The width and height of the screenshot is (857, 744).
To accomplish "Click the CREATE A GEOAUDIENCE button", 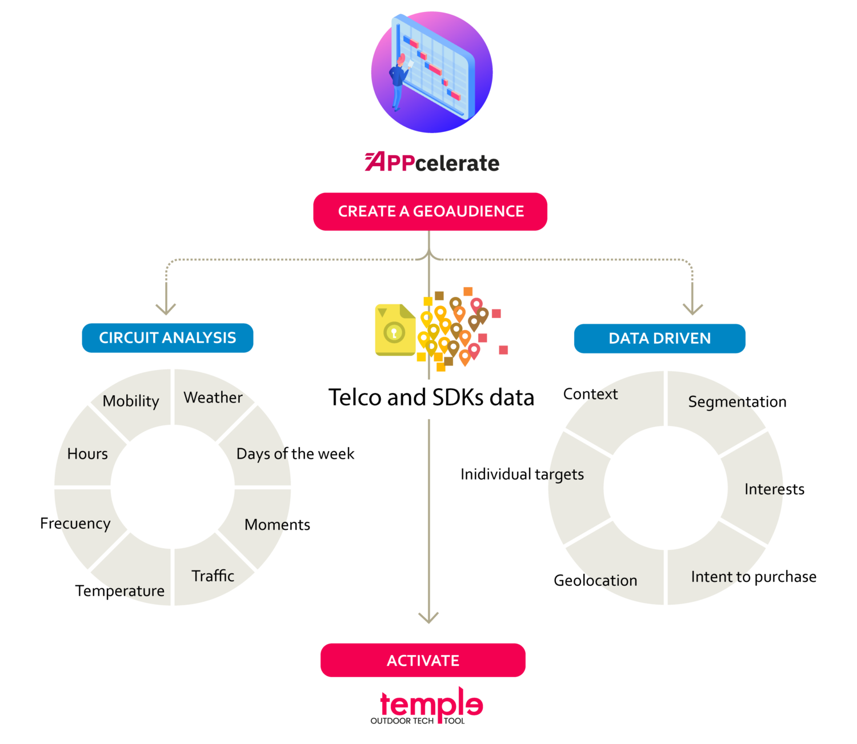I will [x=430, y=212].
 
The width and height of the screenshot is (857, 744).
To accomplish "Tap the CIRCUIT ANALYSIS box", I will [x=167, y=338].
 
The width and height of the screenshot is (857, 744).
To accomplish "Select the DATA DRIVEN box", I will [x=659, y=339].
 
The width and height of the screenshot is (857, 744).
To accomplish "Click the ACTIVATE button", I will [x=423, y=661].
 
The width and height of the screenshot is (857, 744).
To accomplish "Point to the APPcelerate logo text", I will [x=432, y=163].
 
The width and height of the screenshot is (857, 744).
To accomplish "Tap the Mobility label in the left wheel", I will [x=131, y=401].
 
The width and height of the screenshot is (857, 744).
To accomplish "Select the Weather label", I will [x=213, y=397].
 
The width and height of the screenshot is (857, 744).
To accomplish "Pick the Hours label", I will [x=87, y=454].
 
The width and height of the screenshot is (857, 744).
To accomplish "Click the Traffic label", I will [x=213, y=576].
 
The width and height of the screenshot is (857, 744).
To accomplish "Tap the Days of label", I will [x=262, y=454].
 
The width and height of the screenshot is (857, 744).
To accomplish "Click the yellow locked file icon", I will [x=395, y=331].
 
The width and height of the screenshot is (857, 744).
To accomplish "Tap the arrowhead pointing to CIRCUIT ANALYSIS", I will [x=166, y=309].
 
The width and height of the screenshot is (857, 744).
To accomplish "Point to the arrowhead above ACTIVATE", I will [x=428, y=617].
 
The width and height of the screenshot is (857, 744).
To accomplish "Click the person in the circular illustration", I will [x=398, y=81].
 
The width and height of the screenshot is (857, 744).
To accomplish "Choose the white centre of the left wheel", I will [x=173, y=487].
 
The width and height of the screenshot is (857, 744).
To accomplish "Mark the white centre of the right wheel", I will [x=666, y=489].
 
